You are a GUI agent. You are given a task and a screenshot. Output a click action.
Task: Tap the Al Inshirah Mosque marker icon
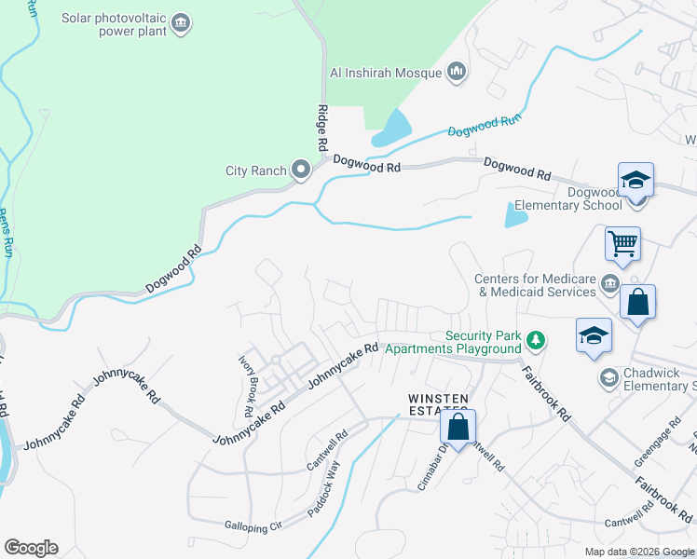tap(457, 72)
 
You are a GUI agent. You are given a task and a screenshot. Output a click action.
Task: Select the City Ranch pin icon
tap(300, 170)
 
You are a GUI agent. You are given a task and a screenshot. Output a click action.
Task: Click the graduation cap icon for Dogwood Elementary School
tap(635, 179)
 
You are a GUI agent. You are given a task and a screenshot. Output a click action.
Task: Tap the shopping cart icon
tap(622, 244)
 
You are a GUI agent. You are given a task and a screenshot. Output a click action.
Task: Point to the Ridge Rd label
tap(323, 128)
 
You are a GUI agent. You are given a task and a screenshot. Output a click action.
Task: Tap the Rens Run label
tap(7, 234)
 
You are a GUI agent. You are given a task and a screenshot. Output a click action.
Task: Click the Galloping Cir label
tap(253, 527)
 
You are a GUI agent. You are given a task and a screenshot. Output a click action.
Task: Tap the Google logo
tap(31, 548)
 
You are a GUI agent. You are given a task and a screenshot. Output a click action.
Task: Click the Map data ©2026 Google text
tap(639, 552)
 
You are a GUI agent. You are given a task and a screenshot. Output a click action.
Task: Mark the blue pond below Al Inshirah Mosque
tap(392, 130)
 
